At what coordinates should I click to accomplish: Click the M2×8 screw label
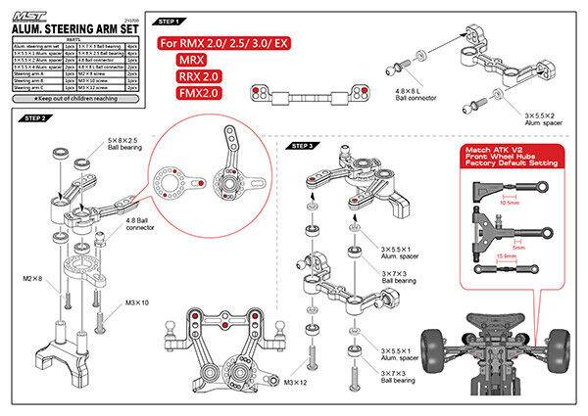[32, 280]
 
